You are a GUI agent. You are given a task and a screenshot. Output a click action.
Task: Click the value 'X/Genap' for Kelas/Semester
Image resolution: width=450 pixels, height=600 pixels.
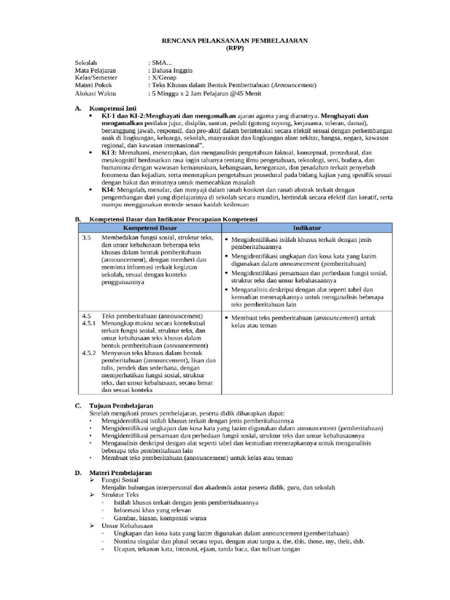click(x=164, y=77)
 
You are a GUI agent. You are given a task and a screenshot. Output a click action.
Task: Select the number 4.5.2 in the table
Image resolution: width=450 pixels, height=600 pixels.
click(x=90, y=353)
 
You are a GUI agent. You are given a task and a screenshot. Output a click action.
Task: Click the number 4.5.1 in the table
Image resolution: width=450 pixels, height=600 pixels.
click(x=90, y=323)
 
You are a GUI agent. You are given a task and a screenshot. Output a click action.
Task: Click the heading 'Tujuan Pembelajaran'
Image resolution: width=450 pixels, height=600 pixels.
click(x=121, y=405)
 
